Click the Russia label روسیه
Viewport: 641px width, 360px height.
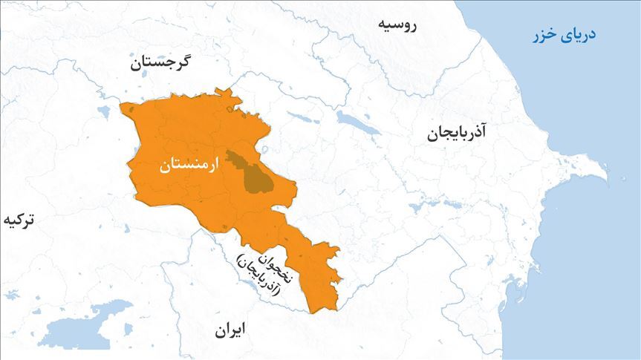(398, 24)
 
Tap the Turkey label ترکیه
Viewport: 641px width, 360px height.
(19, 220)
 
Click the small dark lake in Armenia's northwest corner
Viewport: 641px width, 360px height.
(132, 111)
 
